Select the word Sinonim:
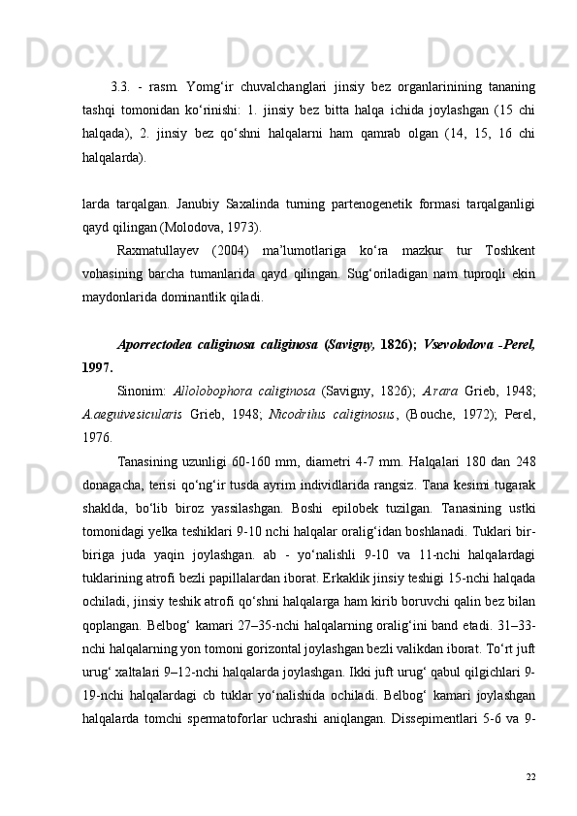tap(140, 392)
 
